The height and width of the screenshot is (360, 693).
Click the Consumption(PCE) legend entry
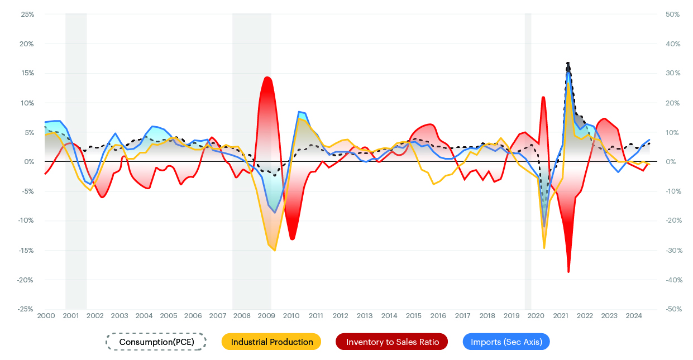tap(156, 342)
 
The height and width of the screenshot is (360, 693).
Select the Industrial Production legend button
tap(271, 342)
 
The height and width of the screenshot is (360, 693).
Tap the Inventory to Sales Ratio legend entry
tap(391, 342)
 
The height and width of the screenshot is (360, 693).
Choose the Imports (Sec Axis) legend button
tap(506, 342)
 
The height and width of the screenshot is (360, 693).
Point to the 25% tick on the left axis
tap(27, 14)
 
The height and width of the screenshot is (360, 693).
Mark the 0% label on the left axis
tap(29, 162)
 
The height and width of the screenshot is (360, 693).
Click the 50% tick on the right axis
tap(672, 14)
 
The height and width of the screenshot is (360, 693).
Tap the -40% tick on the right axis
tap(672, 280)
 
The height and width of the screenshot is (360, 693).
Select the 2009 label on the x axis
tap(266, 316)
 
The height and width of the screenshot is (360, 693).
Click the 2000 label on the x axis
tap(46, 316)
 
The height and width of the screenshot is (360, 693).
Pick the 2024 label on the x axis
tap(634, 316)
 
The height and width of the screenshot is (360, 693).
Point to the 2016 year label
tap(438, 316)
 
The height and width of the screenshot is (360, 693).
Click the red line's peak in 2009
tap(267, 77)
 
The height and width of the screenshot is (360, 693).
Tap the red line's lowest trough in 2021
tap(568, 272)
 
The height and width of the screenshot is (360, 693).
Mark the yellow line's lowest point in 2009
tap(274, 250)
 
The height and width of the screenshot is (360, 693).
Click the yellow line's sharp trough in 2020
tap(544, 248)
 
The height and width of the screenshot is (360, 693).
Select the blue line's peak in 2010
tap(299, 112)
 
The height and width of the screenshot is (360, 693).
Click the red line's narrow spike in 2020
tap(543, 97)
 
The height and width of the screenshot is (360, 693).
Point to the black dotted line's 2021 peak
tap(568, 63)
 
